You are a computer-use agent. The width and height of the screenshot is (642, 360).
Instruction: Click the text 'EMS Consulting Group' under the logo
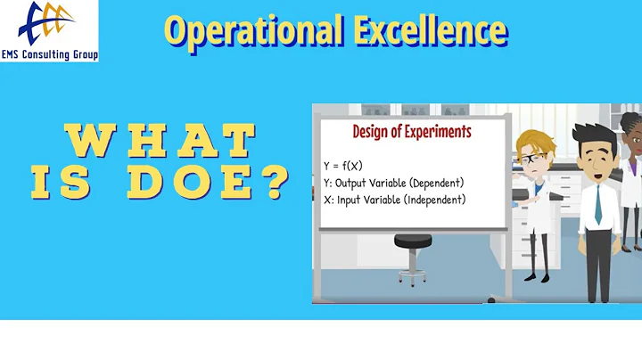pos(49,54)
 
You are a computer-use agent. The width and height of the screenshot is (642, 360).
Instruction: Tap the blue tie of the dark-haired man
pos(597,204)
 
